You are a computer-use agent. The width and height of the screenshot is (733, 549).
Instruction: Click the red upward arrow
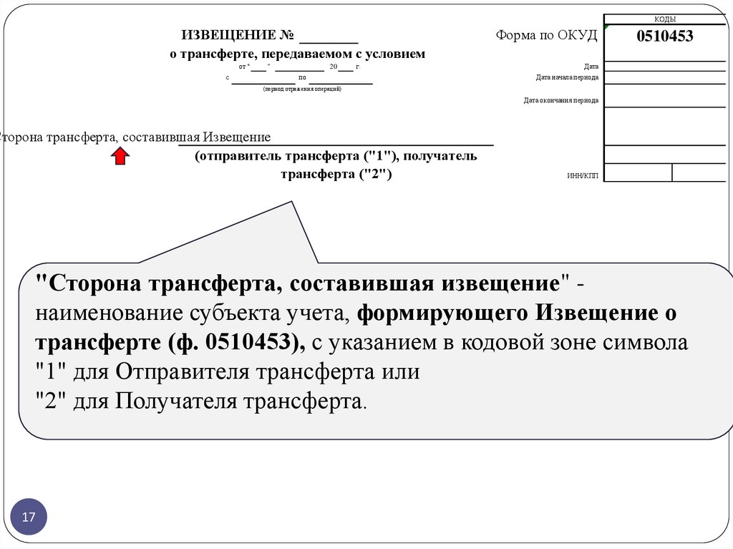[x=120, y=157]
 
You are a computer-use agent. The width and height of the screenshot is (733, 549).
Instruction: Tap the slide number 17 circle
[x=29, y=517]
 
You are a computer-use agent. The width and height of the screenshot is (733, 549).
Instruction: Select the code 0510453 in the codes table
[x=665, y=37]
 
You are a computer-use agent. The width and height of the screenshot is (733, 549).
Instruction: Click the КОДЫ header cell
[x=665, y=19]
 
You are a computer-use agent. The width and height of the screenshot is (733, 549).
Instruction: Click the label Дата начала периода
[x=567, y=77]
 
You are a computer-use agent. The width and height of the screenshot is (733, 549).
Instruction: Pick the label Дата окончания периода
[x=560, y=101]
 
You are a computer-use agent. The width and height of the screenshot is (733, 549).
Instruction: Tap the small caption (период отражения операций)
[x=302, y=89]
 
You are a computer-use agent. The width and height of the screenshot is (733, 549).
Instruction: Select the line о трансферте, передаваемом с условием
[x=297, y=54]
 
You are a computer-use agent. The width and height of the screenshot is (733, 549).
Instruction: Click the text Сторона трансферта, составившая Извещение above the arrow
[x=135, y=137]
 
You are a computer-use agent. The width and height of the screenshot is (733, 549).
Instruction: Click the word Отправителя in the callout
[x=171, y=372]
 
